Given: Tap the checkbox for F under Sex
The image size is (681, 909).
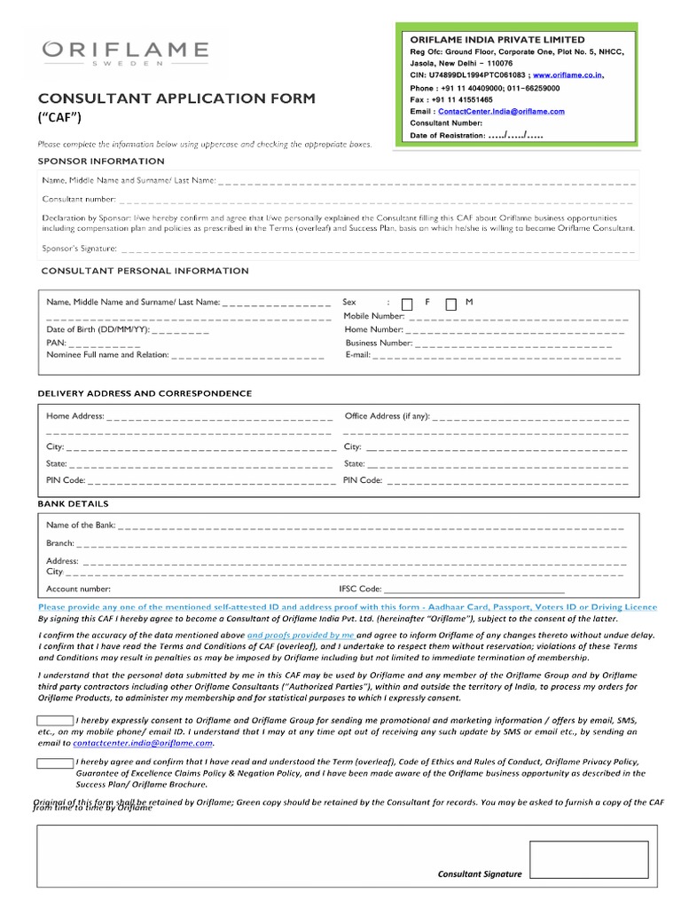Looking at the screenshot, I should coord(407,304).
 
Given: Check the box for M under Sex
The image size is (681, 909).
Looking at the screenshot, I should coord(450,304).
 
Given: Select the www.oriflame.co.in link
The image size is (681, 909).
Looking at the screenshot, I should coord(568,75).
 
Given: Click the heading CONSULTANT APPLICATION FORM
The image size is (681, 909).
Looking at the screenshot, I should coord(176,98).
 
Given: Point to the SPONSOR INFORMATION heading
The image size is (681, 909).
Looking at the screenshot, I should coord(101,161).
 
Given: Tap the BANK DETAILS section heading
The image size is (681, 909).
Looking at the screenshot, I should coord(73,504).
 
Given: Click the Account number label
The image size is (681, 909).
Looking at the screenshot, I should coord(79,589).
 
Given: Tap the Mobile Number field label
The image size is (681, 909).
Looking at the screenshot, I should coord(373,316).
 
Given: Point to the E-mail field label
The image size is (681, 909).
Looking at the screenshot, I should coord(358,354).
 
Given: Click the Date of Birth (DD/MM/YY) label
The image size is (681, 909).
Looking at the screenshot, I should coord(98,329).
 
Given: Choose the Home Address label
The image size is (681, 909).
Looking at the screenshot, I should coord(75,415).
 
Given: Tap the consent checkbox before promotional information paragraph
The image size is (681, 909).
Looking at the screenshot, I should coord(55,720).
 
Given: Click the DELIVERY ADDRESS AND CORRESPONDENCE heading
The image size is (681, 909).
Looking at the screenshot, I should coord(145,392).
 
